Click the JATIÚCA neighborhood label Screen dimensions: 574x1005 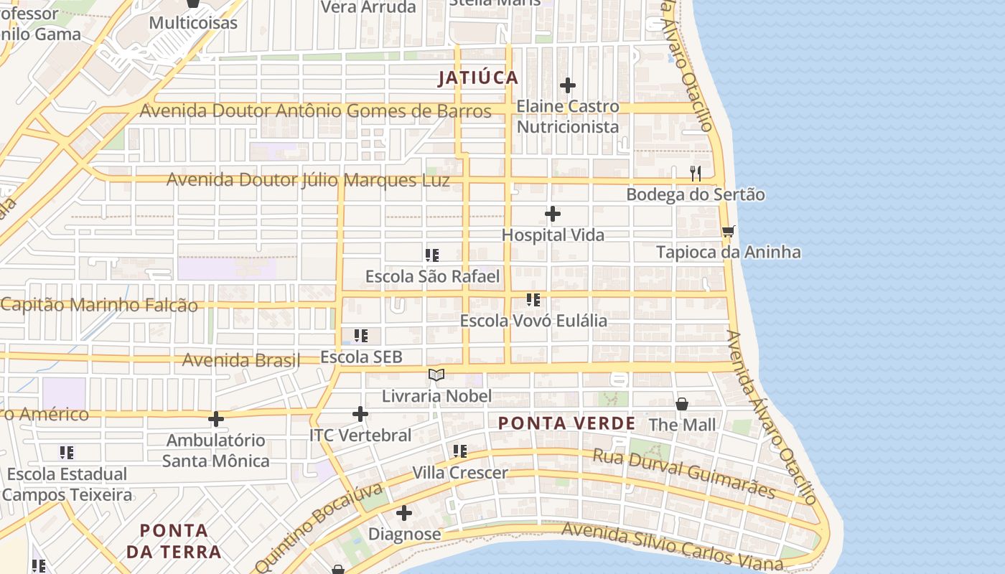point(478,78)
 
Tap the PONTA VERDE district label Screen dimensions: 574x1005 point(567,423)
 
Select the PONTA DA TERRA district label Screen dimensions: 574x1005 point(173,541)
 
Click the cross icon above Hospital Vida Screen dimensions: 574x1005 point(553,214)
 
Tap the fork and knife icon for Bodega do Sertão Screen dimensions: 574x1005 point(695,174)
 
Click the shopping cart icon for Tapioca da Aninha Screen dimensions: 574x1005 point(728,231)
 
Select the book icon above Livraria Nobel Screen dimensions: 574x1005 point(436,375)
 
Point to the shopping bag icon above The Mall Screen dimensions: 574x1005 point(682,404)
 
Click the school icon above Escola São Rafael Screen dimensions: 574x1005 point(432,255)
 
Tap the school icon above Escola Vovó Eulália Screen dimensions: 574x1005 point(533,299)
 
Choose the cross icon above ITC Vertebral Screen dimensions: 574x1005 point(360,414)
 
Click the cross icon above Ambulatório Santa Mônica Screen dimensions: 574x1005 point(216,418)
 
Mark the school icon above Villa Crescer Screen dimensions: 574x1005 point(460,451)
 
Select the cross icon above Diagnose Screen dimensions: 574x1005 point(404,513)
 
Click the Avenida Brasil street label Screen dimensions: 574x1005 point(241,360)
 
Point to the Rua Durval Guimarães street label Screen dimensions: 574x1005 point(684,474)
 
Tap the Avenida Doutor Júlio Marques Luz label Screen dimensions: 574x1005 point(308,179)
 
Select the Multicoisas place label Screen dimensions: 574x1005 point(193,23)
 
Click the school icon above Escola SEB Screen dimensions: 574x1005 point(361,335)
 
